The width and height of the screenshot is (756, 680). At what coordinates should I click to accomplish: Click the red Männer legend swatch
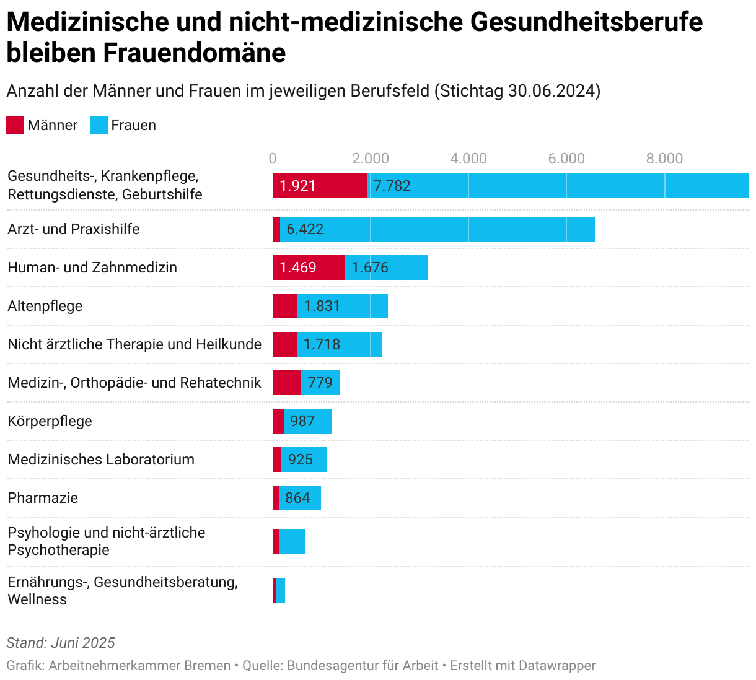[x=15, y=125]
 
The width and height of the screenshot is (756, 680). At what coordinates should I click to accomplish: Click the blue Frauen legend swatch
[x=99, y=125]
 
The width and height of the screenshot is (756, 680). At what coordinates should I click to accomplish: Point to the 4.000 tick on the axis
[x=468, y=159]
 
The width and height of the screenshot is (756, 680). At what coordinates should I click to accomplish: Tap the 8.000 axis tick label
[x=664, y=159]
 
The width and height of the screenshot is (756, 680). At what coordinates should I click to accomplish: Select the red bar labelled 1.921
[x=320, y=186]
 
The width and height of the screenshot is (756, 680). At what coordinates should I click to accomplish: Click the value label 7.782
[x=392, y=186]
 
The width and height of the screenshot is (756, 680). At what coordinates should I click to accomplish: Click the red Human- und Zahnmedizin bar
[x=309, y=268]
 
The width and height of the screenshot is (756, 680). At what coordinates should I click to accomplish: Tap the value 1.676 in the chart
[x=370, y=268]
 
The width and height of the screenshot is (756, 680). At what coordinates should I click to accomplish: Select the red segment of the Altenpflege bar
[x=285, y=306]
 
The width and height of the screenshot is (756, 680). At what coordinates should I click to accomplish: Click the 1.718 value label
[x=322, y=344]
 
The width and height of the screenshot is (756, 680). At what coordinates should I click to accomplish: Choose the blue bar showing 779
[x=320, y=383]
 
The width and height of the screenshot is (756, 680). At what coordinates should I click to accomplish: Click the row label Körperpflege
[x=50, y=421]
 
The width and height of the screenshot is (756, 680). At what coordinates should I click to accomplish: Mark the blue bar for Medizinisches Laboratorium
[x=304, y=460]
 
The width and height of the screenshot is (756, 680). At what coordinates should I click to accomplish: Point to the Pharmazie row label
[x=43, y=498]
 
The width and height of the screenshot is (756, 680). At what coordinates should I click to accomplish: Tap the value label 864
[x=297, y=498]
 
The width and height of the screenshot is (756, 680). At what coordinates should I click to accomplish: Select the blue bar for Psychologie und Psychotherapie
[x=292, y=541]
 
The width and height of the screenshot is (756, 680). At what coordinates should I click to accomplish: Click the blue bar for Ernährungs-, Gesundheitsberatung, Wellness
[x=281, y=591]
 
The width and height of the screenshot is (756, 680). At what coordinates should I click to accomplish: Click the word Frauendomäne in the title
[x=194, y=53]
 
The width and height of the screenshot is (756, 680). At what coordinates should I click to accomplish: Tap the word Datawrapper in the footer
[x=557, y=666]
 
